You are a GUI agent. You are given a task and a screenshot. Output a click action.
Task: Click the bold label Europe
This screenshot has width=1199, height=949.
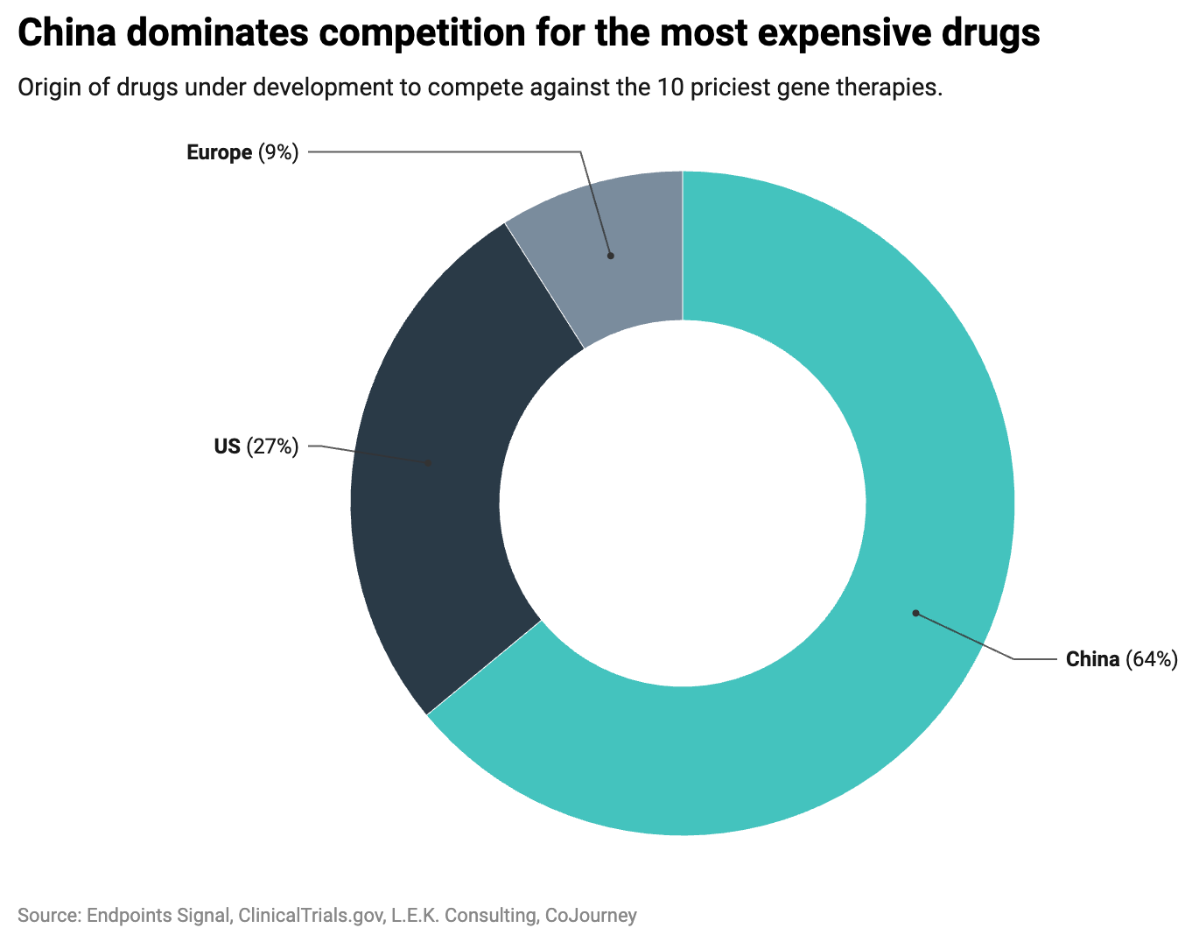219,153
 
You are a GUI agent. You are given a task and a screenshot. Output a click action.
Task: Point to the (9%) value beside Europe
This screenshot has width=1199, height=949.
278,153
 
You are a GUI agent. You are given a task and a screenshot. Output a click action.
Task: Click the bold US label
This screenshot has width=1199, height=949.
227,446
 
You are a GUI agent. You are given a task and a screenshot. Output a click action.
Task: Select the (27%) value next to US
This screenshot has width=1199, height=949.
272,446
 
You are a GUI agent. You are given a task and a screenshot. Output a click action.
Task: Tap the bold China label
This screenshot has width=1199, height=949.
1092,659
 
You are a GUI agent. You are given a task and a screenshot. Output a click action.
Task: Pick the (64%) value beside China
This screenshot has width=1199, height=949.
1152,659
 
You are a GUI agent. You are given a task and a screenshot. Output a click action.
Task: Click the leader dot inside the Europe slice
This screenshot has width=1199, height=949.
611,256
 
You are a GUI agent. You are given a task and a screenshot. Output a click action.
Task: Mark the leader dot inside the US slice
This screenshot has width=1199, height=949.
428,463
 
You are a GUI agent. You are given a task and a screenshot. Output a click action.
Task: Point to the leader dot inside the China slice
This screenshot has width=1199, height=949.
915,613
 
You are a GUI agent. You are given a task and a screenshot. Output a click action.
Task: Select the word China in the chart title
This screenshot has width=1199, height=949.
65,34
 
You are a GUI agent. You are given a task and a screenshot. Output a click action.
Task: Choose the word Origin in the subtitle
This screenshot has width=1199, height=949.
46,88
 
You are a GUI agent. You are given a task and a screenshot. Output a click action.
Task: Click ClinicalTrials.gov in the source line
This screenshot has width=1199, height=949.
311,916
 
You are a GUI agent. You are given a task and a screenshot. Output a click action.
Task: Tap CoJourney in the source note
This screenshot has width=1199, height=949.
591,916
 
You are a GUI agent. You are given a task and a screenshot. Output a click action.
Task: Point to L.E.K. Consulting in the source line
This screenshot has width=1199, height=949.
464,916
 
